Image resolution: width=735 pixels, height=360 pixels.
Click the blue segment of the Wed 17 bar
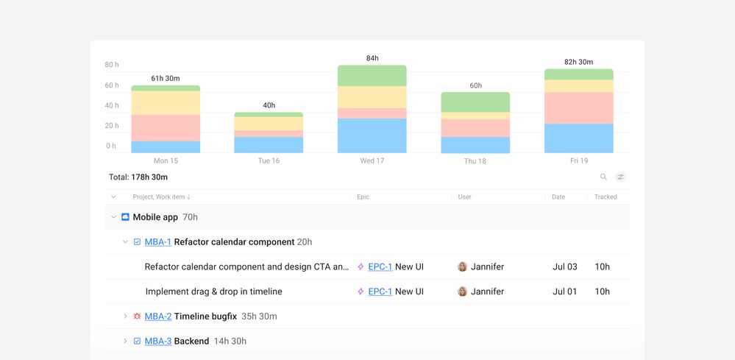[x=372, y=135]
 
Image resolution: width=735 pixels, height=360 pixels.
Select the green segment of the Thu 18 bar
[x=475, y=102]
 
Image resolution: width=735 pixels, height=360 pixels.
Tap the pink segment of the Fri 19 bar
[x=578, y=108]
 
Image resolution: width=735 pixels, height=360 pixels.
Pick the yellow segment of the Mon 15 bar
[x=166, y=103]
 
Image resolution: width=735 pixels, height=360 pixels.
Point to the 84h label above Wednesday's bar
[x=372, y=58]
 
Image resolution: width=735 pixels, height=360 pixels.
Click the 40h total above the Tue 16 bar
[x=269, y=105]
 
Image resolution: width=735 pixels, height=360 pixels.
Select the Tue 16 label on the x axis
[x=269, y=160]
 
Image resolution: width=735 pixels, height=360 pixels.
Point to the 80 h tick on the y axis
[x=111, y=65]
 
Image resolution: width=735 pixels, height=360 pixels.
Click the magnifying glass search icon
[x=603, y=177]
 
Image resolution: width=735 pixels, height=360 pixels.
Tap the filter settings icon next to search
[x=620, y=177]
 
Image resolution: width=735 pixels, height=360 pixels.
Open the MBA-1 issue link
[x=157, y=242]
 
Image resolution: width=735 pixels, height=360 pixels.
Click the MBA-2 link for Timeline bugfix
[x=157, y=317]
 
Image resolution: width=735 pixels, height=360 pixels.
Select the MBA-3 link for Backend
[x=157, y=342]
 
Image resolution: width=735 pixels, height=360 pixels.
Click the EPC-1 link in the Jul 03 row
[x=380, y=267]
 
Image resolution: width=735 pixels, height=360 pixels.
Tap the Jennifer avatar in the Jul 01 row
[x=462, y=292]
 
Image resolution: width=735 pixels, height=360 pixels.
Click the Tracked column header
[x=606, y=197]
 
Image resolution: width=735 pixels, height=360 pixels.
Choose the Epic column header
[x=363, y=197]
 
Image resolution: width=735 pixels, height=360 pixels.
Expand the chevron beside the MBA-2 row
[x=125, y=317]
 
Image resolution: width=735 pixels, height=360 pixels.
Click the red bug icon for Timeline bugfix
[x=137, y=317]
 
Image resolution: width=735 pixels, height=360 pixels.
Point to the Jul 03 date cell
[x=564, y=267]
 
